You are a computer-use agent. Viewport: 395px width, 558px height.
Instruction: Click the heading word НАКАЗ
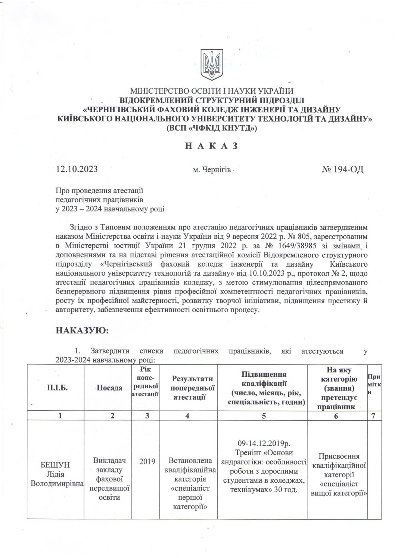211,145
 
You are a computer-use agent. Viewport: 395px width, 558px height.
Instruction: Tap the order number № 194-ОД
342,169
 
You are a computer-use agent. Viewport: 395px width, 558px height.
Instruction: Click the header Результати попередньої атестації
189,388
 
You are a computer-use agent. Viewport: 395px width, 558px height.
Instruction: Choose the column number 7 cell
374,417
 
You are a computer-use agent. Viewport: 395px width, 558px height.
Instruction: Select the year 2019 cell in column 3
147,462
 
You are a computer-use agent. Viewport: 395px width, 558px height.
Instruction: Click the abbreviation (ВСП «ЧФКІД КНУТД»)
211,128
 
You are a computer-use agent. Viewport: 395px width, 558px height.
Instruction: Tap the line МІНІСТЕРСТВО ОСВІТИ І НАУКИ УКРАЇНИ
211,91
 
